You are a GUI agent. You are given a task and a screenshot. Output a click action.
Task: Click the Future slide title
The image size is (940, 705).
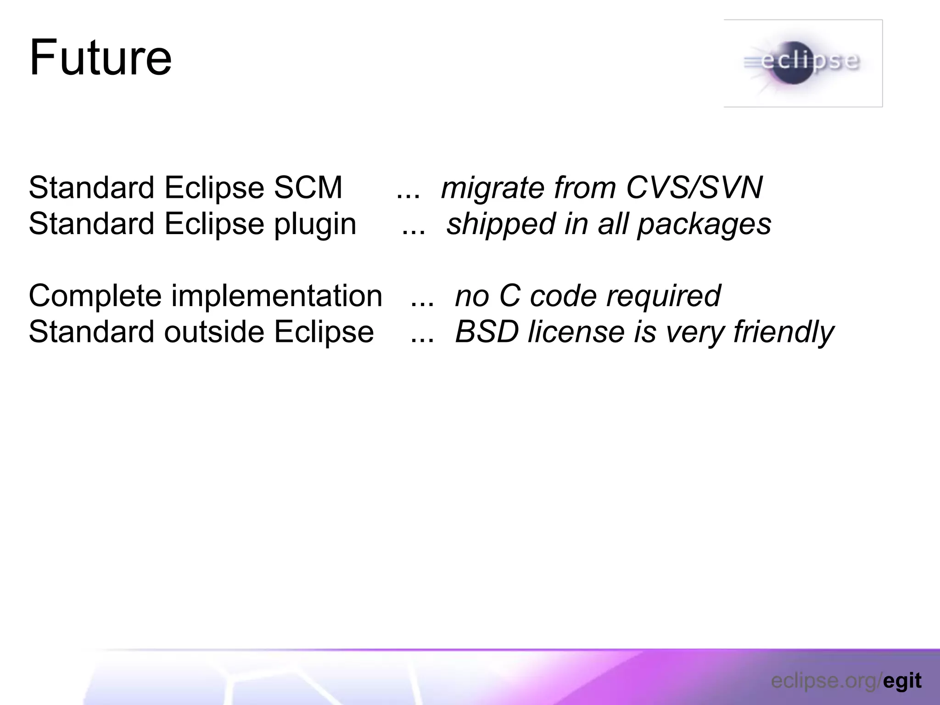coord(101,58)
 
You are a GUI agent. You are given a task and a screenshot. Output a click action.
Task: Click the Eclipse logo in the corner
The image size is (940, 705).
coord(802,63)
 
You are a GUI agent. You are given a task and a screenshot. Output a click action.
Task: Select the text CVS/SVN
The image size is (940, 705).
coord(694,188)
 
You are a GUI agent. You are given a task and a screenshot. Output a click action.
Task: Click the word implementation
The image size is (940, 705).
coord(277,297)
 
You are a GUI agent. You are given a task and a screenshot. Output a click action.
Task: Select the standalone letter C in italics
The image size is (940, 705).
coord(509,296)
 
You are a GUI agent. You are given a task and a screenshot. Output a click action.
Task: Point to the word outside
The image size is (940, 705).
coord(214,332)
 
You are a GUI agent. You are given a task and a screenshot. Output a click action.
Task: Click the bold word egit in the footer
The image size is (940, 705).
coord(902,681)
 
